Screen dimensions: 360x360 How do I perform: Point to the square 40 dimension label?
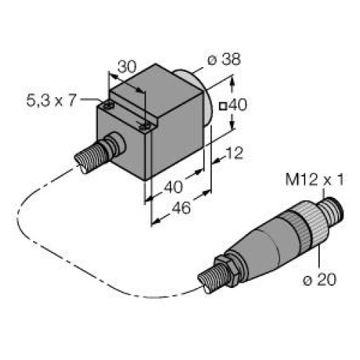(x=235, y=104)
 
